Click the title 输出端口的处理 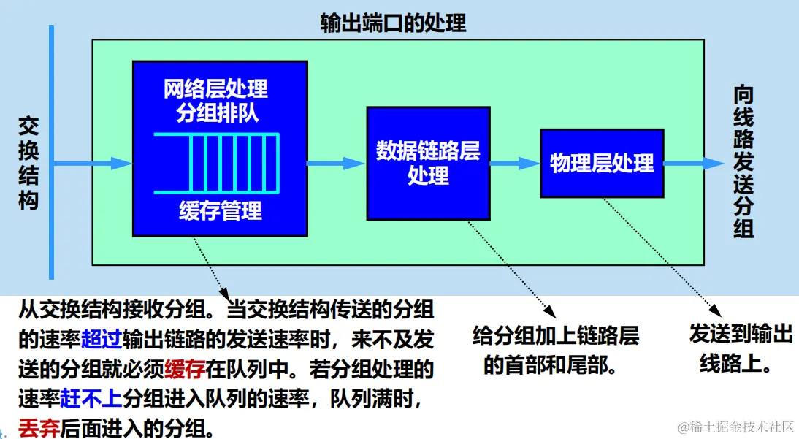click(393, 23)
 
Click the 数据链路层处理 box click(427, 163)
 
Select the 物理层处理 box click(602, 163)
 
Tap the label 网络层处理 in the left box click(215, 90)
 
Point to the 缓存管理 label click(220, 211)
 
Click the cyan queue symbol click(218, 164)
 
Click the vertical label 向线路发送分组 click(743, 163)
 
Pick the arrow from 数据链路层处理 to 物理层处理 click(514, 164)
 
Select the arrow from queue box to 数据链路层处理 click(336, 164)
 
